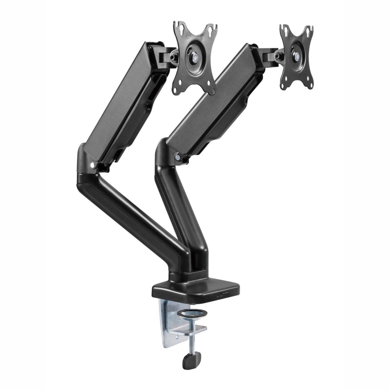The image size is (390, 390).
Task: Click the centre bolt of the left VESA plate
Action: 195,57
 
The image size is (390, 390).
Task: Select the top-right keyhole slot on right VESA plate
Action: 307,30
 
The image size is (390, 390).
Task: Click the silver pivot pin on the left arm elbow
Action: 92,165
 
